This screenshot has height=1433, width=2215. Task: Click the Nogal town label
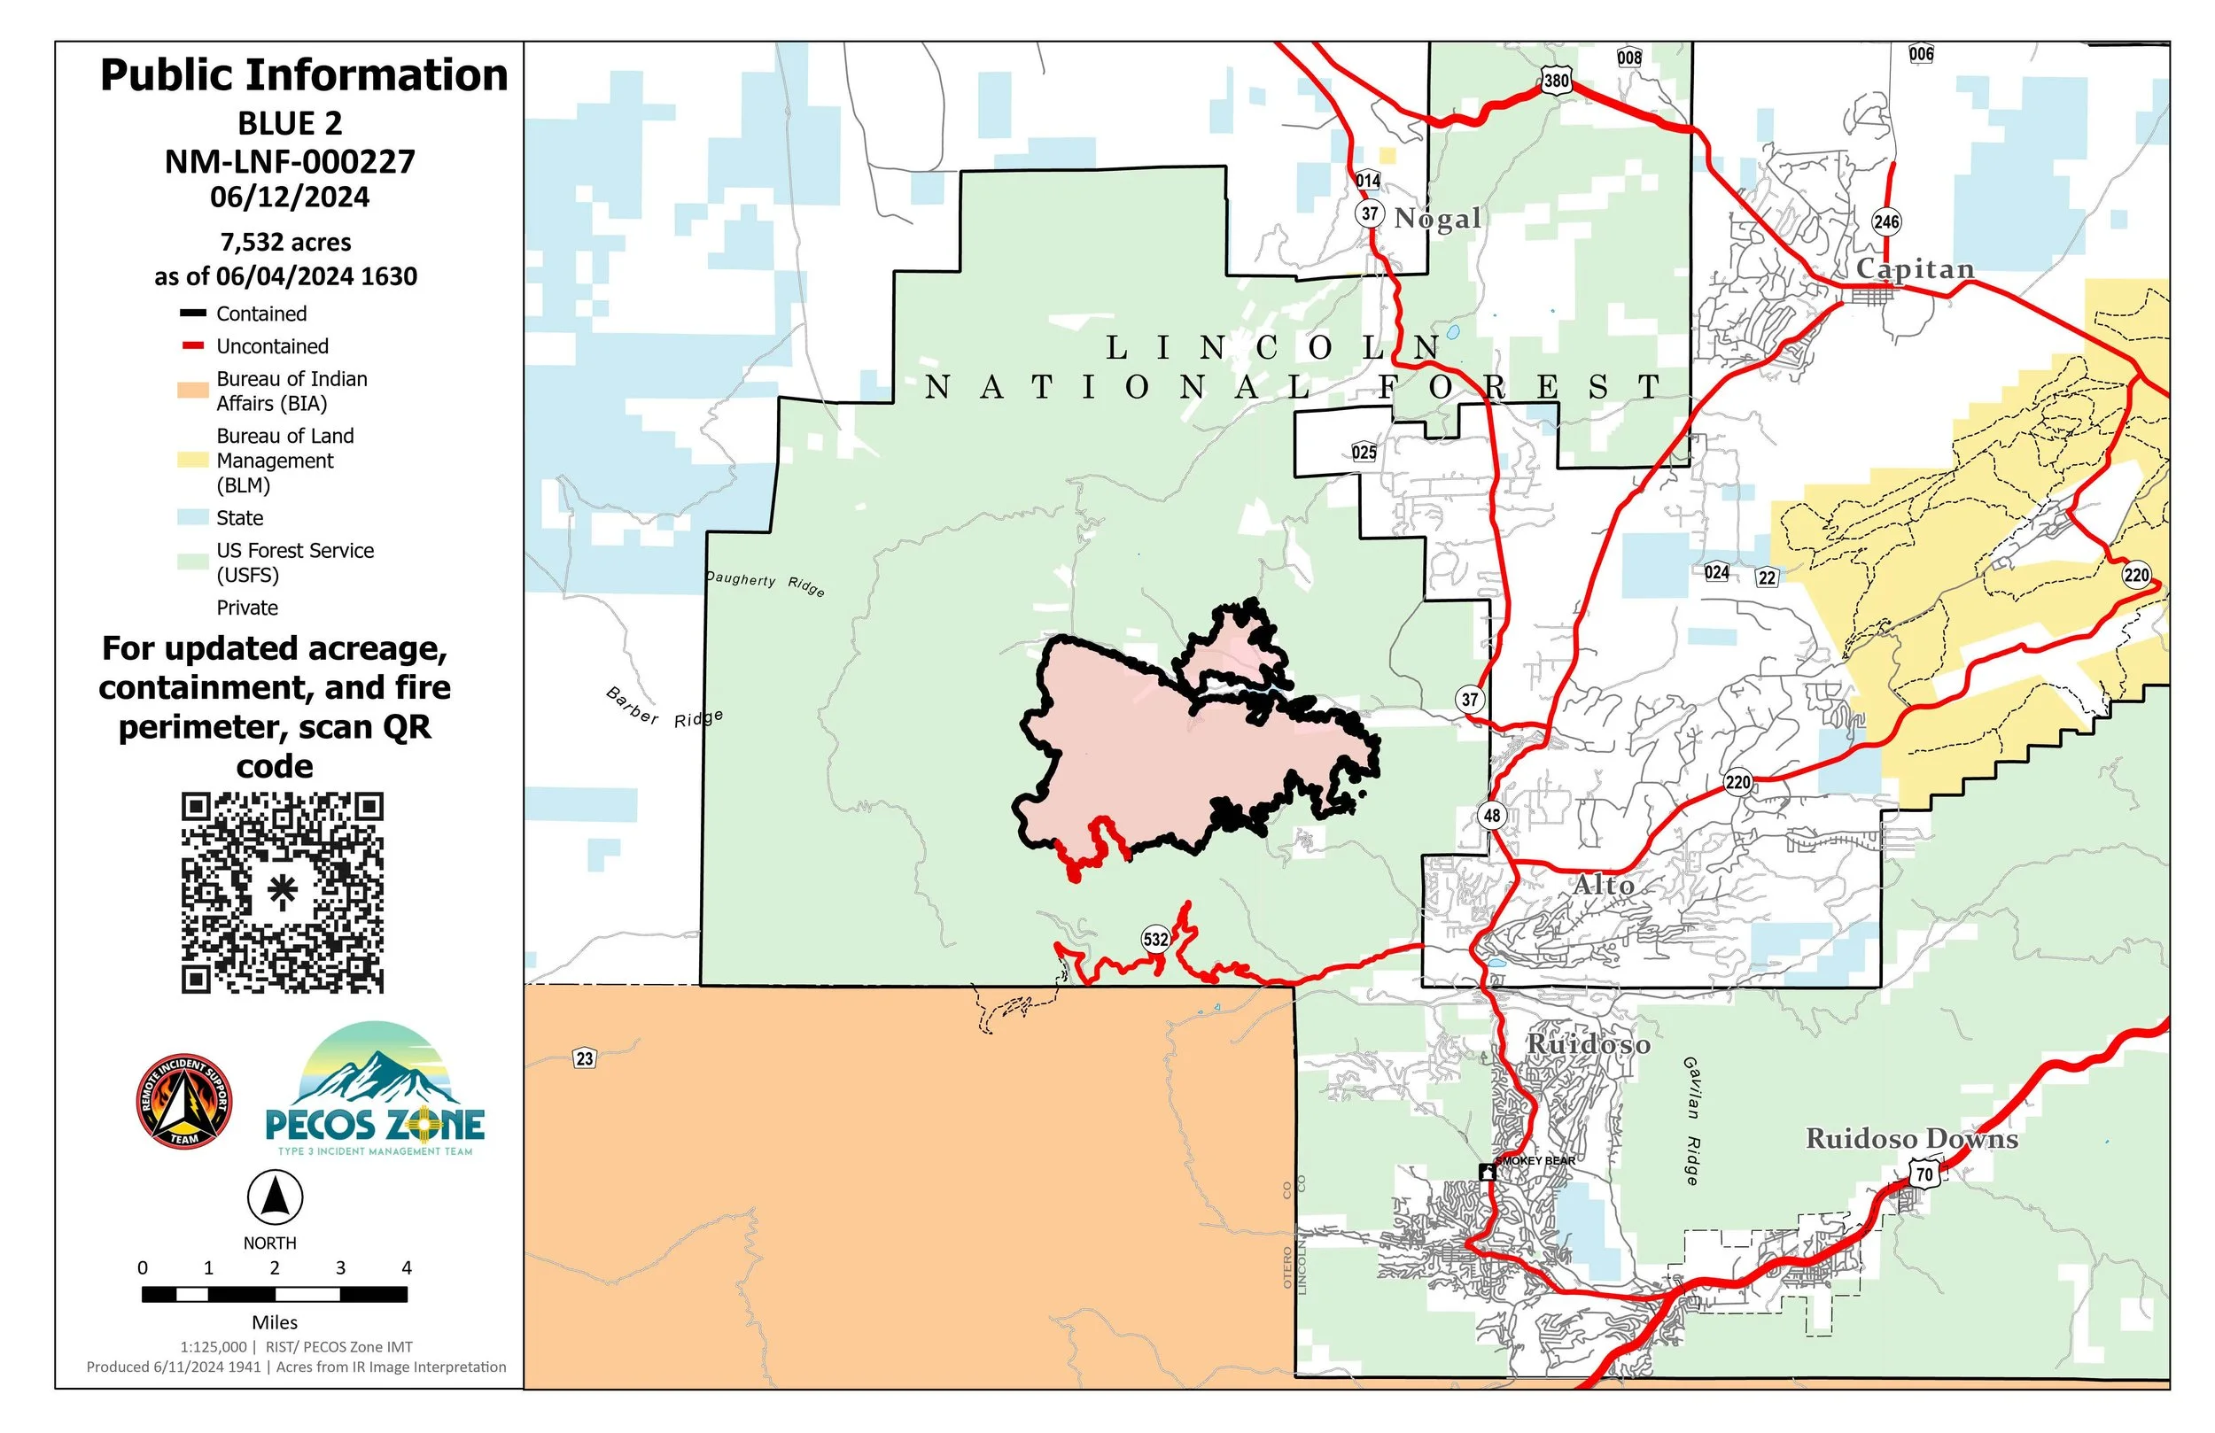click(x=1437, y=219)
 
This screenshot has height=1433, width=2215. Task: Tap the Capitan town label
click(x=1915, y=269)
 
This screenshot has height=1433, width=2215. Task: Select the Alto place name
click(x=1604, y=885)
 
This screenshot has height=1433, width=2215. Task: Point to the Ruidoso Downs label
click(x=1912, y=1139)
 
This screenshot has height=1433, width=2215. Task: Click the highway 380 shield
click(x=1556, y=80)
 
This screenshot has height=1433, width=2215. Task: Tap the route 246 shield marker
click(x=1886, y=221)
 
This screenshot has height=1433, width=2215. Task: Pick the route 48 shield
click(x=1492, y=816)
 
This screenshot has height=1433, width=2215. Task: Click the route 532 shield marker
click(x=1155, y=939)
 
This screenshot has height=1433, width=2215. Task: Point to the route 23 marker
click(x=585, y=1058)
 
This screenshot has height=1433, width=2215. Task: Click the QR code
click(x=282, y=893)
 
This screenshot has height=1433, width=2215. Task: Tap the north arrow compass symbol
click(x=275, y=1197)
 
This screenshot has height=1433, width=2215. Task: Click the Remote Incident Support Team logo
click(x=184, y=1102)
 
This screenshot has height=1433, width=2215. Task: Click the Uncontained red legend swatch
click(x=192, y=346)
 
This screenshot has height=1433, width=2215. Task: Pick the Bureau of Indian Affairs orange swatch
click(x=192, y=391)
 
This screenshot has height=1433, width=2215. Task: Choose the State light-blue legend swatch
click(x=192, y=517)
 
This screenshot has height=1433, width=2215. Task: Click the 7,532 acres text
click(x=285, y=242)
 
